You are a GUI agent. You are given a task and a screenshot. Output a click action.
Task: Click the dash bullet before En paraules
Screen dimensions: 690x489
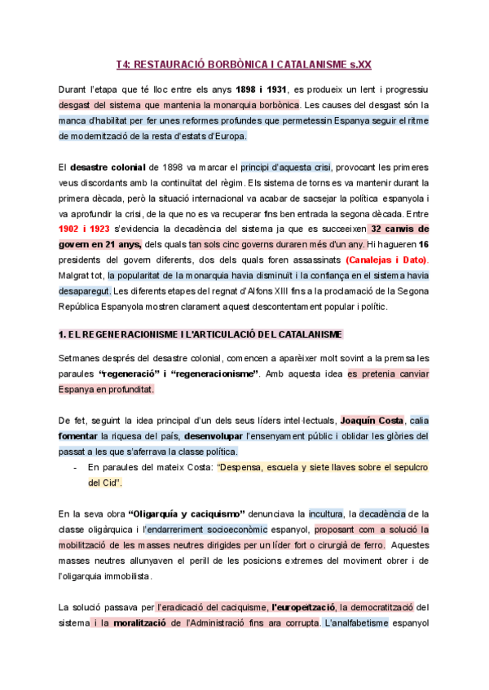76,467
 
